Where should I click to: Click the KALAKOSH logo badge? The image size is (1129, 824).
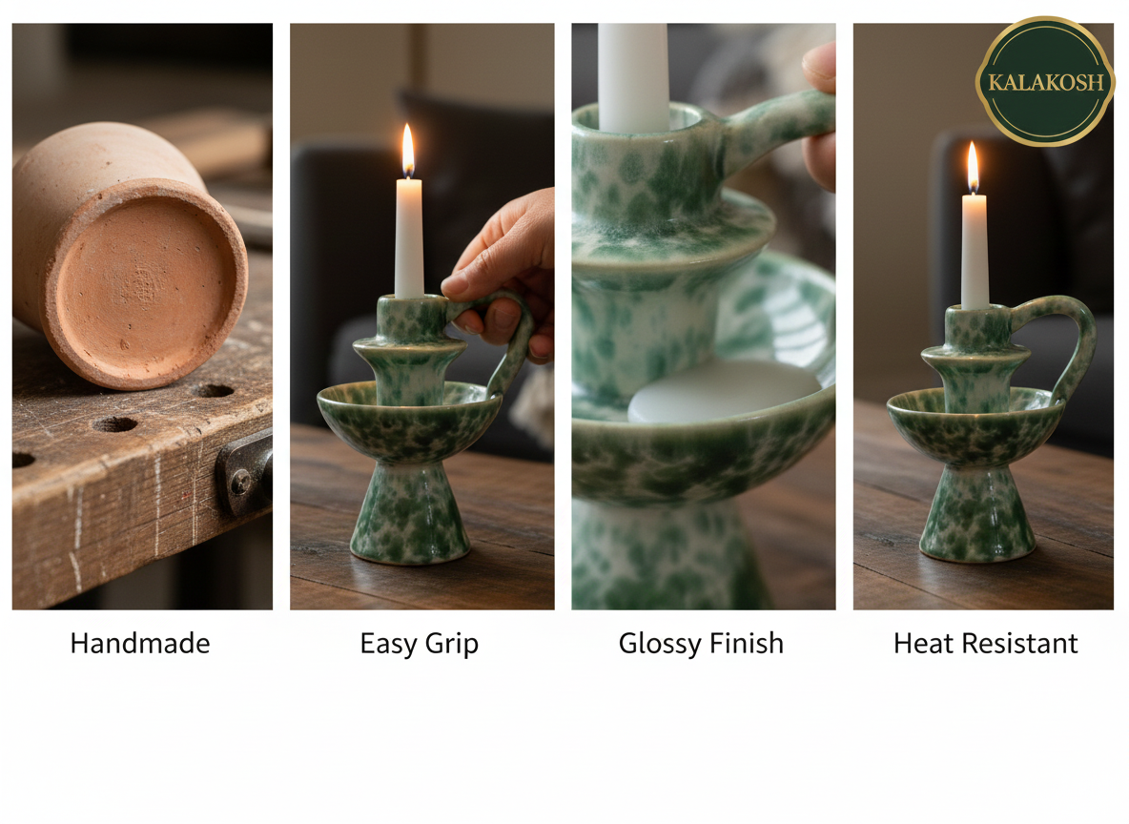pos(1045,81)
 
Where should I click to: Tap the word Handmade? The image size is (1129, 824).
pos(140,644)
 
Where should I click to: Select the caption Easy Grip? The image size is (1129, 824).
pos(419,644)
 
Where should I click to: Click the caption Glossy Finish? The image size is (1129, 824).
pos(701,644)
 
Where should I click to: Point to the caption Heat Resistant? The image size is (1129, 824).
pos(985,644)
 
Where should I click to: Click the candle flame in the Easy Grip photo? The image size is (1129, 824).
pos(408,151)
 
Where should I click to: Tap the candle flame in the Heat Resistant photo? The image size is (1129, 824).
pos(973,168)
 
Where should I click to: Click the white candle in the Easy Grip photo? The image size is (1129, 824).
pos(409,238)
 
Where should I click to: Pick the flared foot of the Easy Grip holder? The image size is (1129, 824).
pos(410,520)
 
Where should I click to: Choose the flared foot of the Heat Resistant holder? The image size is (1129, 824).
pos(977,520)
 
